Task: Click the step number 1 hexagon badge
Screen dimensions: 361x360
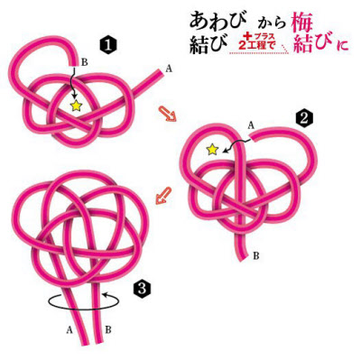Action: [x=108, y=46]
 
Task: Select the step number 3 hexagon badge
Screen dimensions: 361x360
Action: [x=142, y=290]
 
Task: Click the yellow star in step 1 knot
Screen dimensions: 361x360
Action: [x=77, y=106]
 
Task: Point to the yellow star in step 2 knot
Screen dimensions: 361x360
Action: [x=213, y=149]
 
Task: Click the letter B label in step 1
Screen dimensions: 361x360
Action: [x=85, y=62]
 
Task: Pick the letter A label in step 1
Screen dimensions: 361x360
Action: [x=169, y=69]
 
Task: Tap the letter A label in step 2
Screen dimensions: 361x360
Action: [x=251, y=125]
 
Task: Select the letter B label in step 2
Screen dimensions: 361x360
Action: [x=256, y=256]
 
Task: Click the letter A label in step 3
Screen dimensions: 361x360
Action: [x=69, y=330]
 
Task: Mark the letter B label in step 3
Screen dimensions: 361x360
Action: [x=108, y=330]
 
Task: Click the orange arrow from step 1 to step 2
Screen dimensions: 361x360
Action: [x=167, y=114]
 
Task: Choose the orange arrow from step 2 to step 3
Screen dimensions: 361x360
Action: [x=163, y=196]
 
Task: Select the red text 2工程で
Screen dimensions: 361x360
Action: [x=256, y=45]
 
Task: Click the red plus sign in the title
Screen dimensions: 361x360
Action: [x=248, y=36]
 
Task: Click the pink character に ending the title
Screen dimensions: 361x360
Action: [x=343, y=45]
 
